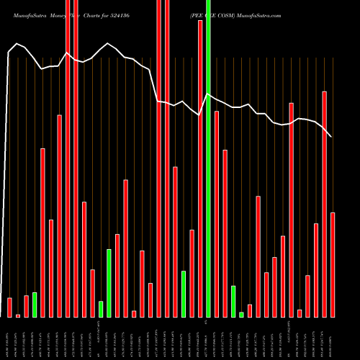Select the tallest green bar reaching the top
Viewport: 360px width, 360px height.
tap(208, 158)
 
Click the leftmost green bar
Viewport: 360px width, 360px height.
tap(35, 305)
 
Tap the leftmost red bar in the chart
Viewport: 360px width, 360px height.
tap(9, 307)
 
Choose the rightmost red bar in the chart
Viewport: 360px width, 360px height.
tap(333, 264)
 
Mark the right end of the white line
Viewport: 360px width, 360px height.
tap(332, 137)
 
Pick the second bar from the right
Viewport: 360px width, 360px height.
tap(325, 204)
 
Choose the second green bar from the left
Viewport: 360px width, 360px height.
tap(101, 309)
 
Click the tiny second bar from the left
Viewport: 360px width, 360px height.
tap(18, 315)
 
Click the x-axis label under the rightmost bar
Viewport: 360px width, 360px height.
tap(333, 339)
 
